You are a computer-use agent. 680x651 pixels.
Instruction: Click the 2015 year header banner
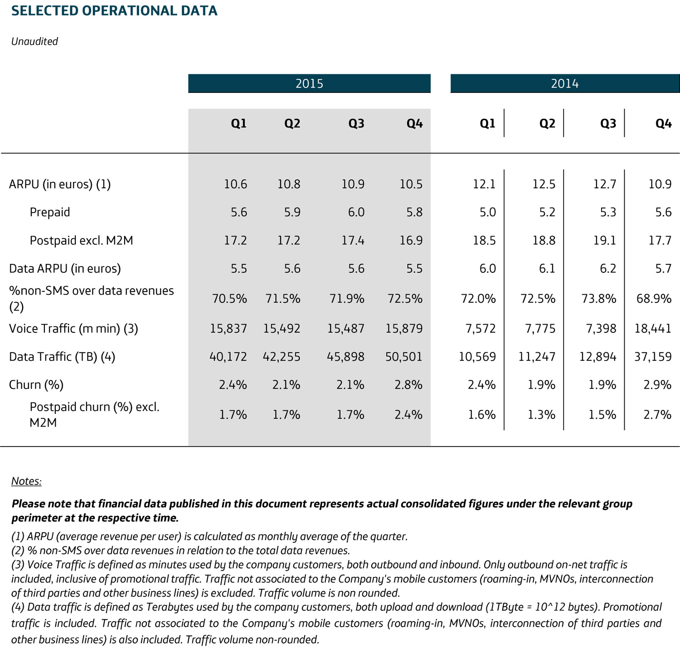(x=309, y=83)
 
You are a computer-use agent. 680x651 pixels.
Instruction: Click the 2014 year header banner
(x=564, y=83)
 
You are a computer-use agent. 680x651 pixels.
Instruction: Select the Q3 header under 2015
(x=356, y=123)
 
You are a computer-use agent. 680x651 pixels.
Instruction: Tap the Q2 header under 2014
(x=547, y=123)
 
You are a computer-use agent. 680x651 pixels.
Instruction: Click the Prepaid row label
(x=50, y=212)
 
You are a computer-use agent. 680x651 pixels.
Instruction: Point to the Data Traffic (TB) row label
(x=62, y=357)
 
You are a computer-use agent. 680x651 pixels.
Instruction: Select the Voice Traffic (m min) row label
(x=73, y=328)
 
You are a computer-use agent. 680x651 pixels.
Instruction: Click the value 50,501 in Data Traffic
(x=403, y=357)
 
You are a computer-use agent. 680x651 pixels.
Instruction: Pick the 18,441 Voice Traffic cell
(x=653, y=328)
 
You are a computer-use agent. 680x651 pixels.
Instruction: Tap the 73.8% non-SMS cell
(x=598, y=299)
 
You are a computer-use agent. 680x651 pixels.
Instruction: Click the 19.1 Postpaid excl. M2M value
(x=605, y=240)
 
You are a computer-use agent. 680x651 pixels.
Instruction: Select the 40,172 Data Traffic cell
(x=228, y=357)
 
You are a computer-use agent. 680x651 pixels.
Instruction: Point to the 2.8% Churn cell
(x=408, y=385)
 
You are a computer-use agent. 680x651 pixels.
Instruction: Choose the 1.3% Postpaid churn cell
(x=541, y=415)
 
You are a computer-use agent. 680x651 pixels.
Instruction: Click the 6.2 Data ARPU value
(x=608, y=268)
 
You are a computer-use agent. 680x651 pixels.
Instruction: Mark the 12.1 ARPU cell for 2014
(x=484, y=184)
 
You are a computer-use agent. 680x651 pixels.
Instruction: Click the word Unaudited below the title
(x=34, y=41)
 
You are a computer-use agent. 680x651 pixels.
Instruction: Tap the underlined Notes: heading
(x=26, y=481)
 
